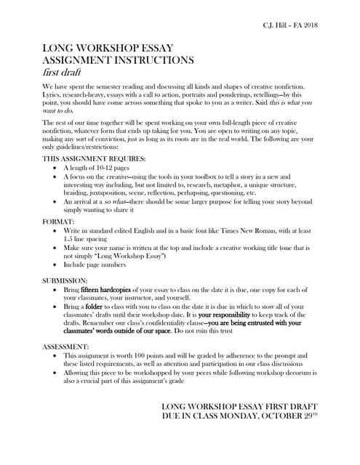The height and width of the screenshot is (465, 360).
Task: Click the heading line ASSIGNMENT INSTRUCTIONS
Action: pyautogui.click(x=119, y=61)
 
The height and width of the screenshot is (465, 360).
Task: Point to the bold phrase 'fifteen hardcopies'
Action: pyautogui.click(x=111, y=289)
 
